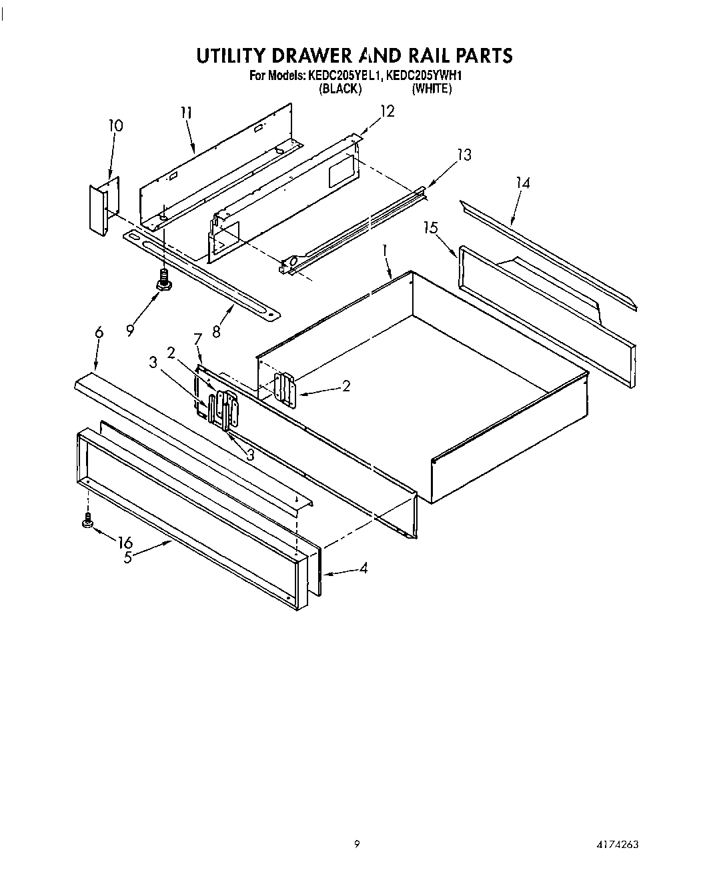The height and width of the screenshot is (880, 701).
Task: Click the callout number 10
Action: click(115, 125)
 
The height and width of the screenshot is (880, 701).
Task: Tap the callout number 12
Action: click(387, 111)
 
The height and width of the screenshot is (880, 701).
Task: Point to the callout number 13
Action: click(464, 155)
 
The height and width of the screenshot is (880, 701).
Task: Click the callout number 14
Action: click(523, 183)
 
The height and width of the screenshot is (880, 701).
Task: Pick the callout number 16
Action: click(125, 543)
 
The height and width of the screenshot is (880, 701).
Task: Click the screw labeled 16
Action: click(87, 522)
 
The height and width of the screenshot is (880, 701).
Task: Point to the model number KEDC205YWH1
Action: click(424, 76)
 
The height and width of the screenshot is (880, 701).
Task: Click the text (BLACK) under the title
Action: click(340, 89)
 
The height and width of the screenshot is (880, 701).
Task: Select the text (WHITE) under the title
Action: click(432, 89)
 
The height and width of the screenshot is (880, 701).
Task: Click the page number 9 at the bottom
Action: click(357, 844)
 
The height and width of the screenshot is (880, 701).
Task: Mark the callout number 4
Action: click(364, 569)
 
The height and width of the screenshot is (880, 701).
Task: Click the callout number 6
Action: click(99, 332)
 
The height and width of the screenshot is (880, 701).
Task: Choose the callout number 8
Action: click(216, 329)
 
